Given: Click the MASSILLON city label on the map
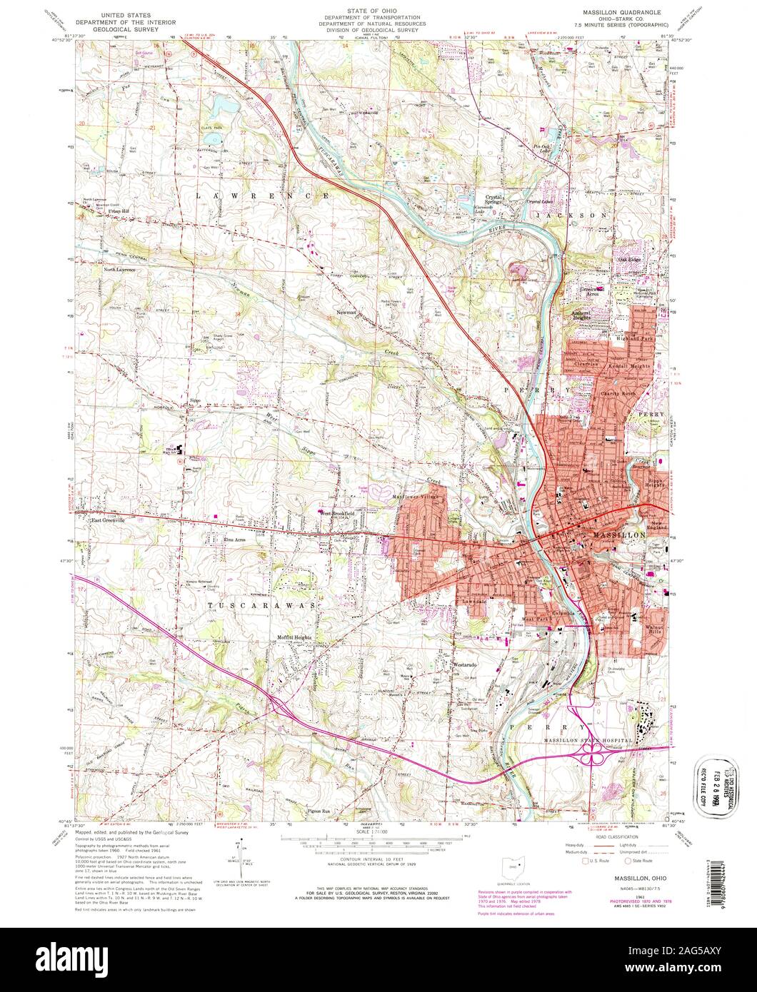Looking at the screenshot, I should [x=619, y=535].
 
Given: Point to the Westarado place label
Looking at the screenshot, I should [x=465, y=665].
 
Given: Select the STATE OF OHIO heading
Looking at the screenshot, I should [x=378, y=11].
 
